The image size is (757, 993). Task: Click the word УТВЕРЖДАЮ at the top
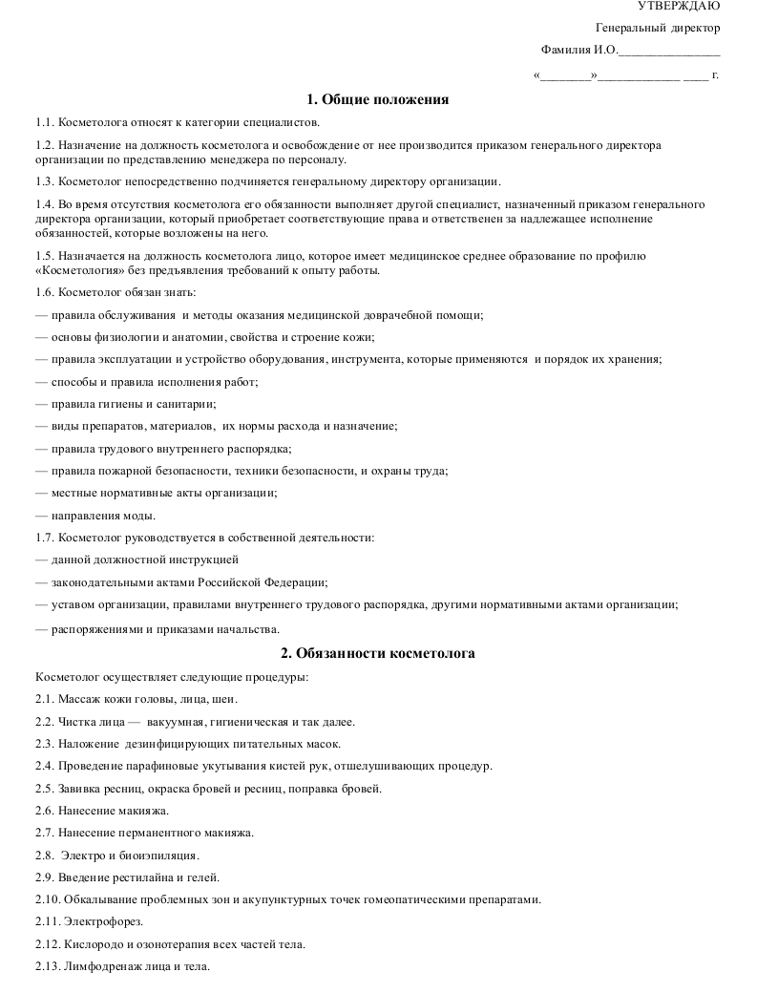pos(679,7)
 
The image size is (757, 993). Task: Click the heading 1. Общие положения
pos(378,99)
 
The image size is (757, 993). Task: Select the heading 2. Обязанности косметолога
pos(378,654)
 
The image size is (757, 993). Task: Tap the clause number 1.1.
pos(44,122)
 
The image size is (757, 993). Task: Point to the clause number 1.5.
pos(44,256)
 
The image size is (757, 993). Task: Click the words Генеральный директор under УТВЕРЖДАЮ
pos(658,29)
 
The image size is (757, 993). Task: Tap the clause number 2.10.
pos(48,899)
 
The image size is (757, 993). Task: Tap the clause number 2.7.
pos(44,833)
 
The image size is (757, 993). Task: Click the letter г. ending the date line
pos(715,74)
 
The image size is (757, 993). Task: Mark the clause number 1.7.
pos(44,538)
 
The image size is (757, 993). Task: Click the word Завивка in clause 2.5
pos(84,788)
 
